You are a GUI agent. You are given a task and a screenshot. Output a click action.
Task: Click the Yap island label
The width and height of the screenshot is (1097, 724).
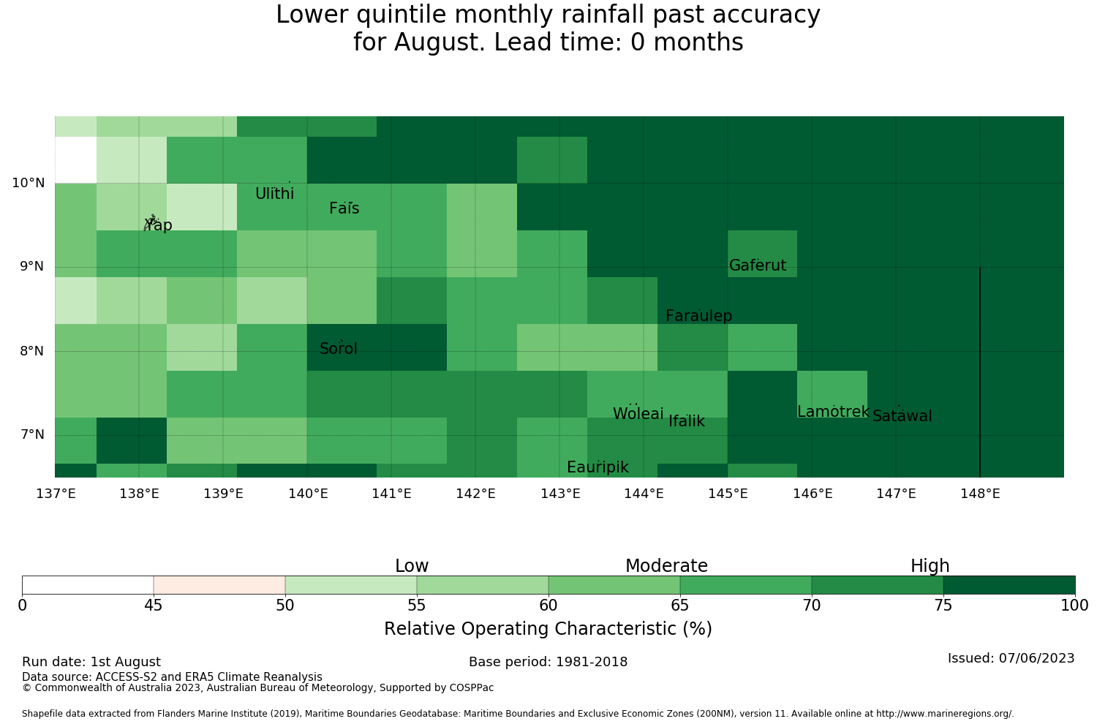(158, 225)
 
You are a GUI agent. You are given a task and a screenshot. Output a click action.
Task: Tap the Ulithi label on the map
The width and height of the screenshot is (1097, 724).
(274, 194)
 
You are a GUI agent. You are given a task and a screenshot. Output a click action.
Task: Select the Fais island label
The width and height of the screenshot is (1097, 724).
(344, 208)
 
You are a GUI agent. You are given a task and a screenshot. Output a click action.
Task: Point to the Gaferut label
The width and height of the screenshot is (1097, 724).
(757, 265)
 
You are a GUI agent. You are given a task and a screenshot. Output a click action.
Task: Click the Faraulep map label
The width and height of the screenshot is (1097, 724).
(699, 315)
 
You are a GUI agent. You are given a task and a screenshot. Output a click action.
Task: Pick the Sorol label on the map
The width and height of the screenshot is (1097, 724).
(339, 348)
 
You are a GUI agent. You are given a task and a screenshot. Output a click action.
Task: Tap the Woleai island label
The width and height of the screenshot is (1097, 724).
(638, 413)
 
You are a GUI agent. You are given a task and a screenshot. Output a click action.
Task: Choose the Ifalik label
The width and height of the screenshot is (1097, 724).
(687, 421)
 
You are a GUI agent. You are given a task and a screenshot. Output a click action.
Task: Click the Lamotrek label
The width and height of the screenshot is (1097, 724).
(833, 412)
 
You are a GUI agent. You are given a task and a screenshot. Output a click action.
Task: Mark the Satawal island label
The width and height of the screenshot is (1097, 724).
(902, 416)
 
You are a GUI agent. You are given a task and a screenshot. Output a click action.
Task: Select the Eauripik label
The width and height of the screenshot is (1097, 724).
(597, 467)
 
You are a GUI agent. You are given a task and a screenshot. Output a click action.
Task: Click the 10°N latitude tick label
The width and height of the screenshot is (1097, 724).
(29, 183)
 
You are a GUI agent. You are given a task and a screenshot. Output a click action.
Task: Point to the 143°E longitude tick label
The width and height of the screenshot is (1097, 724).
(559, 494)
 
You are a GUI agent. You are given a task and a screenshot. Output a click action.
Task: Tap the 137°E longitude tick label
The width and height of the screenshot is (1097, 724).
(56, 494)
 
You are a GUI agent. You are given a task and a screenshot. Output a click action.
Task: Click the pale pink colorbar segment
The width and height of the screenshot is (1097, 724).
(219, 585)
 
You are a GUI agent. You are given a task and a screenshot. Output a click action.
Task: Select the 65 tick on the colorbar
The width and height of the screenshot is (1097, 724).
(679, 606)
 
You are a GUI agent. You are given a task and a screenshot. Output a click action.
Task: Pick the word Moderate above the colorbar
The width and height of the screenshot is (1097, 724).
(666, 566)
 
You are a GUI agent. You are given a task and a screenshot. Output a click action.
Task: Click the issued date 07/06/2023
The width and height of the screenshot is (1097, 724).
(1036, 658)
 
